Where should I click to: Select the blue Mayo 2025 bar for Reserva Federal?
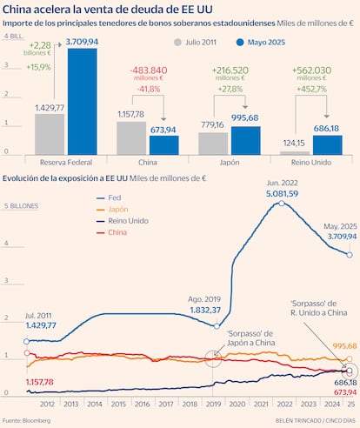coord(82,102)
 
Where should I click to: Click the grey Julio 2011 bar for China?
coord(131,137)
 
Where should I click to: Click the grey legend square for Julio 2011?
coord(177,41)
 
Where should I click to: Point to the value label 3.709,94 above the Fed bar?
coord(83,40)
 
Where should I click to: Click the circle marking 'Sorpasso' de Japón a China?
coord(213,356)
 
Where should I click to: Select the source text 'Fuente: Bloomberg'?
coord(26,421)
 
